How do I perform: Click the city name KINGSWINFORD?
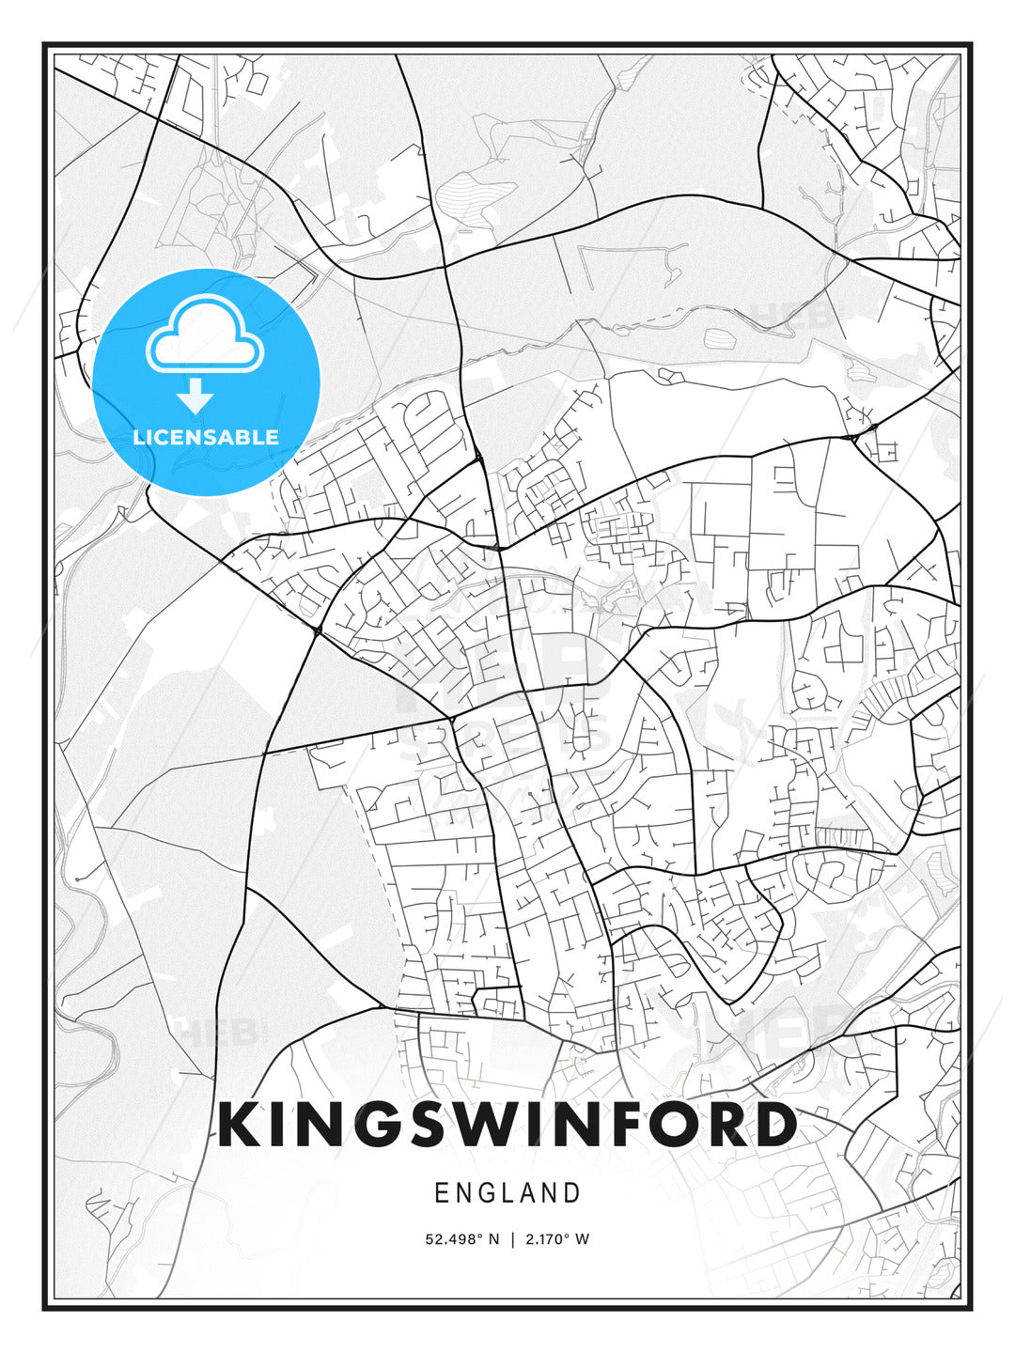507,1125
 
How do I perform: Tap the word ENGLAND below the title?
507,1193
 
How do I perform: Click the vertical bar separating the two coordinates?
512,1239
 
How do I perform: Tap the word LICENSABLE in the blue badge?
206,437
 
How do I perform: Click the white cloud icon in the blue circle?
205,333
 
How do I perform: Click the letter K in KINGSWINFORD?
241,1125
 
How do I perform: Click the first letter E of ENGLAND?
442,1193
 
